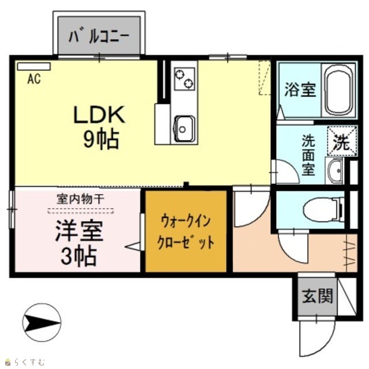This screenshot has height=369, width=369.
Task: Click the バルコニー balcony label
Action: [99, 37]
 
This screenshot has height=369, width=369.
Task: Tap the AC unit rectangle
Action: [34, 66]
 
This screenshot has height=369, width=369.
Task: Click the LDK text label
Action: [99, 115]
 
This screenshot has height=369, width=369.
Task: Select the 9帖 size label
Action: [101, 140]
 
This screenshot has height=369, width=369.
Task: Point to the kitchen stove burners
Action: [184, 78]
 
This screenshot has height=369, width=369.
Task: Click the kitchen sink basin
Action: [184, 128]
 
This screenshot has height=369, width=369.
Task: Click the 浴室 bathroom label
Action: [300, 90]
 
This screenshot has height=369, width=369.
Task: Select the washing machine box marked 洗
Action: [342, 141]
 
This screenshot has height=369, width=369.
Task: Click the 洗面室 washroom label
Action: [308, 155]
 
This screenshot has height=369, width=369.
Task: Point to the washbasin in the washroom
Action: [334, 171]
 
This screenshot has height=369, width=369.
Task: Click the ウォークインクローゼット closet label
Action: [186, 232]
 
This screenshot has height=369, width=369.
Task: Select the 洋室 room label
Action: [79, 231]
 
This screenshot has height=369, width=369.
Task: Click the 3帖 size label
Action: [78, 255]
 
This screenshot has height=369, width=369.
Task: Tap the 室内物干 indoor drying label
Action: [81, 199]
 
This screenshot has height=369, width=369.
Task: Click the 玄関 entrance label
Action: [318, 296]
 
